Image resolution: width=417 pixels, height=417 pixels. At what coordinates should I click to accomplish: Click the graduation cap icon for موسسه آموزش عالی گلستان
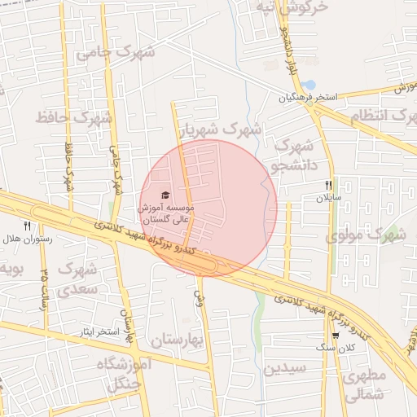(165, 195)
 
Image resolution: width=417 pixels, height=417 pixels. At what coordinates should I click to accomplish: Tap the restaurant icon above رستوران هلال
(27, 226)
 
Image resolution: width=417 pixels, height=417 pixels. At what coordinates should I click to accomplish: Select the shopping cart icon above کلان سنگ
(336, 336)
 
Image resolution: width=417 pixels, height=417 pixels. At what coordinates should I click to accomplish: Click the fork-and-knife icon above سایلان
(328, 186)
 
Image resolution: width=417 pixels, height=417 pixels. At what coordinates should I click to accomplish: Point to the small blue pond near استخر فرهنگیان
(309, 84)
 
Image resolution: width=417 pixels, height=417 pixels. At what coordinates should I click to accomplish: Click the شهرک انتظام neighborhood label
(378, 116)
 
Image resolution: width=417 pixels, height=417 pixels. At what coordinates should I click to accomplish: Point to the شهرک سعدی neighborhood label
(78, 278)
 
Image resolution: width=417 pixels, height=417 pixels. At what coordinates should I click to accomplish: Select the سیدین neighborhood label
(284, 368)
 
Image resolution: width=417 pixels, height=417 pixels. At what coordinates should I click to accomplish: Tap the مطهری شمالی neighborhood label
(363, 387)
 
